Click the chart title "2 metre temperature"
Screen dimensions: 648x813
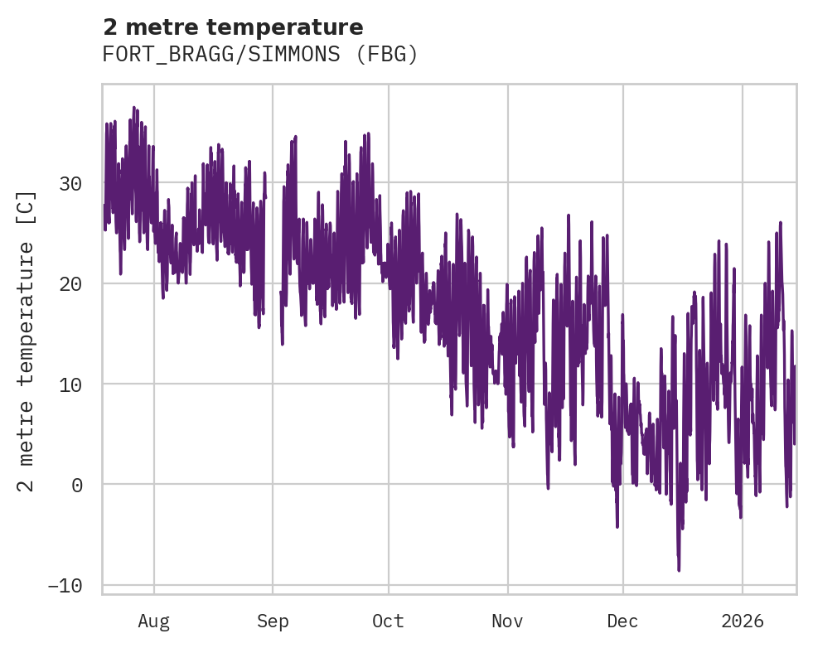(x=233, y=27)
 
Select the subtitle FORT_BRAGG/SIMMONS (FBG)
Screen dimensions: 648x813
(x=260, y=55)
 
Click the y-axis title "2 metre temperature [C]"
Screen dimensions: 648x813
(x=27, y=340)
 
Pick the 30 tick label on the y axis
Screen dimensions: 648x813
(x=72, y=183)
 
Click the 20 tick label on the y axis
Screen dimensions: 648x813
(x=72, y=283)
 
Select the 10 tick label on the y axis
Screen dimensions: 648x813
(x=72, y=384)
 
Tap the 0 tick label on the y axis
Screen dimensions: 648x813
(x=78, y=485)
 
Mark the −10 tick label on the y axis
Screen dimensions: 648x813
(x=66, y=586)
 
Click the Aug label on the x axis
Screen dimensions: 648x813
(x=153, y=621)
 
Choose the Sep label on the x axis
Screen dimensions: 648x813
(x=273, y=621)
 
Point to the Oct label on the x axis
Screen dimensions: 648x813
(x=388, y=621)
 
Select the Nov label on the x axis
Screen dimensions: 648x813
(x=507, y=621)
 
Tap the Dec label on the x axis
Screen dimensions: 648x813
(x=622, y=621)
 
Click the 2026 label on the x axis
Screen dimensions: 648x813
(x=743, y=621)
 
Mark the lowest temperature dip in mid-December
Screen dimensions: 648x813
(x=679, y=569)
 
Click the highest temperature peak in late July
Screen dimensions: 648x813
(x=133, y=108)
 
